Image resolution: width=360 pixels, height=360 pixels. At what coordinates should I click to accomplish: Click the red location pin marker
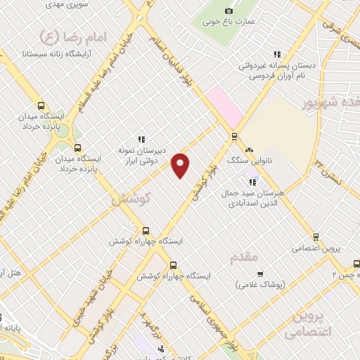[x=181, y=165]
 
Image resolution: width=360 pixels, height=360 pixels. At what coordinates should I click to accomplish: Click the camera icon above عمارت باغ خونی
[x=229, y=11]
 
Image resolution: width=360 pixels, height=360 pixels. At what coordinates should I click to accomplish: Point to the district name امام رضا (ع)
[x=69, y=37]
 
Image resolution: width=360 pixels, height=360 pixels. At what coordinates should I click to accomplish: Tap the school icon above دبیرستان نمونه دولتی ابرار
[x=141, y=139]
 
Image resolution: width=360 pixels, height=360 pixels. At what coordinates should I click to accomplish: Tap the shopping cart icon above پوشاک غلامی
[x=260, y=274]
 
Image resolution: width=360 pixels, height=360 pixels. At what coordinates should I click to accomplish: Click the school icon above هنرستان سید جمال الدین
[x=252, y=182]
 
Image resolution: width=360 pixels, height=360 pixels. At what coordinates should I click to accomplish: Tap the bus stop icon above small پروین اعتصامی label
[x=316, y=236]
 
